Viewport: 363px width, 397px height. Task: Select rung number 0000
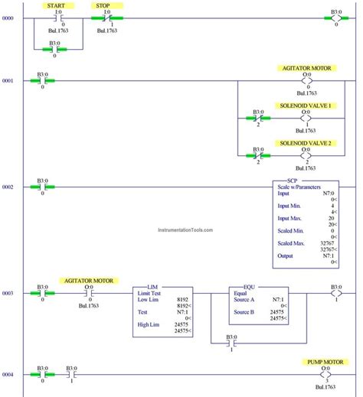[x=8, y=18]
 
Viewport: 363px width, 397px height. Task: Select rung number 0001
[x=8, y=80]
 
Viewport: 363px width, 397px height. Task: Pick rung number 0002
[x=8, y=187]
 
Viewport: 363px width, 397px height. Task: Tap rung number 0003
[x=8, y=293]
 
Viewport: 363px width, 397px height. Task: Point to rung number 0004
[x=8, y=375]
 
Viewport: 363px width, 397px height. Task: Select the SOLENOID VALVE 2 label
[x=306, y=143]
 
